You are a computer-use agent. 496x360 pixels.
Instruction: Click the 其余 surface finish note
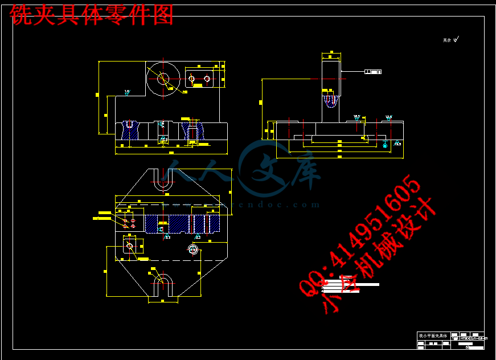(x=450, y=40)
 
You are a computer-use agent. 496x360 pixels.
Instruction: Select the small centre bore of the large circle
(x=163, y=79)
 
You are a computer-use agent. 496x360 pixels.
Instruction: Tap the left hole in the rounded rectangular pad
(x=191, y=78)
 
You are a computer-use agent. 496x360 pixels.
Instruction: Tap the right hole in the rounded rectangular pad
(x=207, y=78)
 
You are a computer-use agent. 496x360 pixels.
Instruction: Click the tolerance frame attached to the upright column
(x=372, y=72)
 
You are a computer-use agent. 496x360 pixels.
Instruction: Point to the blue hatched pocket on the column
(x=330, y=101)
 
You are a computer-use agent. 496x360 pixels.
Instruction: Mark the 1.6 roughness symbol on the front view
(x=126, y=92)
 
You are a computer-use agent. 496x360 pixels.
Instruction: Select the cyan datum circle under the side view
(x=386, y=145)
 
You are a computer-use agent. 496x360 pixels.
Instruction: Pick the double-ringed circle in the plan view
(x=192, y=249)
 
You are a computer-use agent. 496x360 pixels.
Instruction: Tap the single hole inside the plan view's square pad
(x=129, y=246)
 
